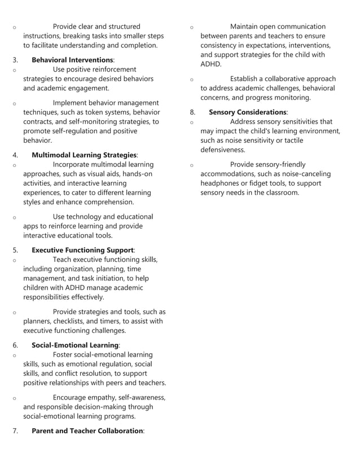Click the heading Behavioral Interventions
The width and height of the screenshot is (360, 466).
coord(72,60)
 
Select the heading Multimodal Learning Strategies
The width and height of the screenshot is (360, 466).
coord(84,155)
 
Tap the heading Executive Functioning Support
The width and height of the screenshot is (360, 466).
coord(82,249)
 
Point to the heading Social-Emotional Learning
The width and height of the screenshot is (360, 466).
coord(75,345)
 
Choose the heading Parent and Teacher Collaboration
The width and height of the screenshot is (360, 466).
coord(87,430)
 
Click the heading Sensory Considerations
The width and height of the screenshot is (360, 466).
coord(247,112)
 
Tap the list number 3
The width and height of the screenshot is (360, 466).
coord(16,60)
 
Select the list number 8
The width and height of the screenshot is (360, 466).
coord(192,112)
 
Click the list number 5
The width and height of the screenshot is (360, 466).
coord(16,249)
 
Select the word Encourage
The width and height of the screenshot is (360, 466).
coord(72,398)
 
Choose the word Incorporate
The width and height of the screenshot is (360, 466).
coord(73,164)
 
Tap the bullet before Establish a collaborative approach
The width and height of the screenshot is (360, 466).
coord(192,80)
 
